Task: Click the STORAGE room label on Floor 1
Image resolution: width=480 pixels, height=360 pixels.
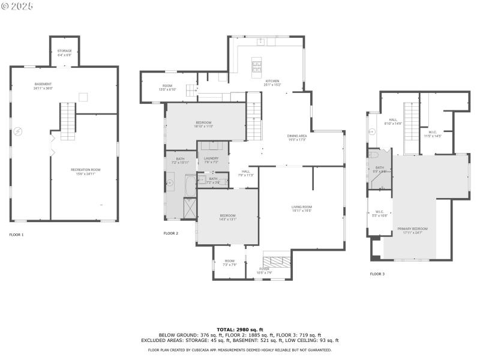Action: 64,51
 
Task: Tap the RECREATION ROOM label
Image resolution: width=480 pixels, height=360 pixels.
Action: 86,170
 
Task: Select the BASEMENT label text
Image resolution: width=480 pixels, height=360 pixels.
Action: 43,84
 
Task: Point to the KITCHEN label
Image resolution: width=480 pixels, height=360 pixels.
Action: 272,81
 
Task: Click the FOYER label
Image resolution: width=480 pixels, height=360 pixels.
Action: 265,269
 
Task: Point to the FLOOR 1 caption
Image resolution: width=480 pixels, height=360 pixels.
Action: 16,235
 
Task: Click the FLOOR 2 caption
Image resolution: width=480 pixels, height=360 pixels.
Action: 171,233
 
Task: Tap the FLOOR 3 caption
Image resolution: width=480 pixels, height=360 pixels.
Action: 377,274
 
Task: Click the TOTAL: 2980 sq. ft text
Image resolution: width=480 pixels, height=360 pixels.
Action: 239,329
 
